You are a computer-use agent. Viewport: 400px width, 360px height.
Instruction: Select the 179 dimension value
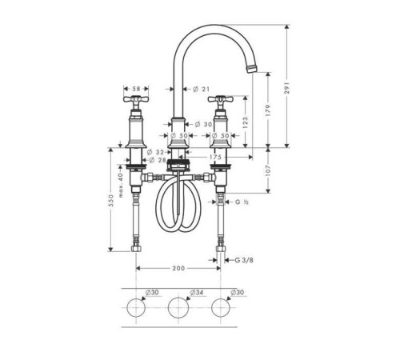point(268,110)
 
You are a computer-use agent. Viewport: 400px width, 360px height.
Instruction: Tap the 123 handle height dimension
point(246,122)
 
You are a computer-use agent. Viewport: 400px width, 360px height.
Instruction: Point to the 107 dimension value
point(268,170)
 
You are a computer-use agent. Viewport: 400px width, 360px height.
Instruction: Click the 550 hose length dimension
point(111,200)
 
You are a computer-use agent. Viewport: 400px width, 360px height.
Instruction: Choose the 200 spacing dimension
point(178,268)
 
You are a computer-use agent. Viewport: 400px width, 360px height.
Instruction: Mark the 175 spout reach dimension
point(215,157)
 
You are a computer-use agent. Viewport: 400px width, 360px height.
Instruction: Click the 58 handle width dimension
point(136,89)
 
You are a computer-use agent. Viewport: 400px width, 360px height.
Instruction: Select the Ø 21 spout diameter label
point(202,89)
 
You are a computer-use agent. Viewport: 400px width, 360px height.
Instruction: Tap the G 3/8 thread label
point(244,260)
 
